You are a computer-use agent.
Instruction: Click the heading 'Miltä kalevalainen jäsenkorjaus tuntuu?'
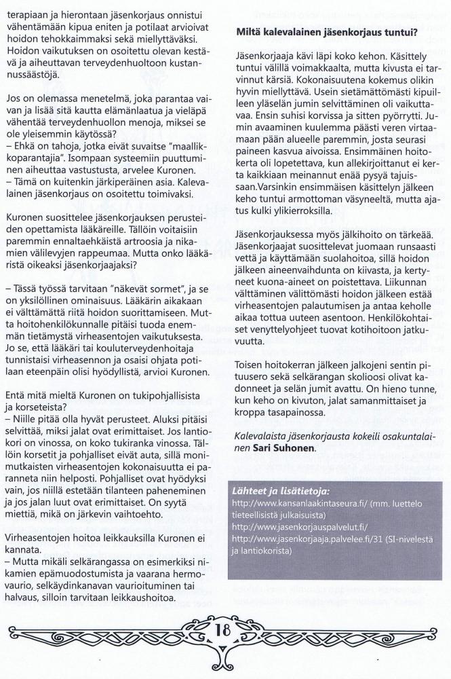pyautogui.click(x=326, y=32)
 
